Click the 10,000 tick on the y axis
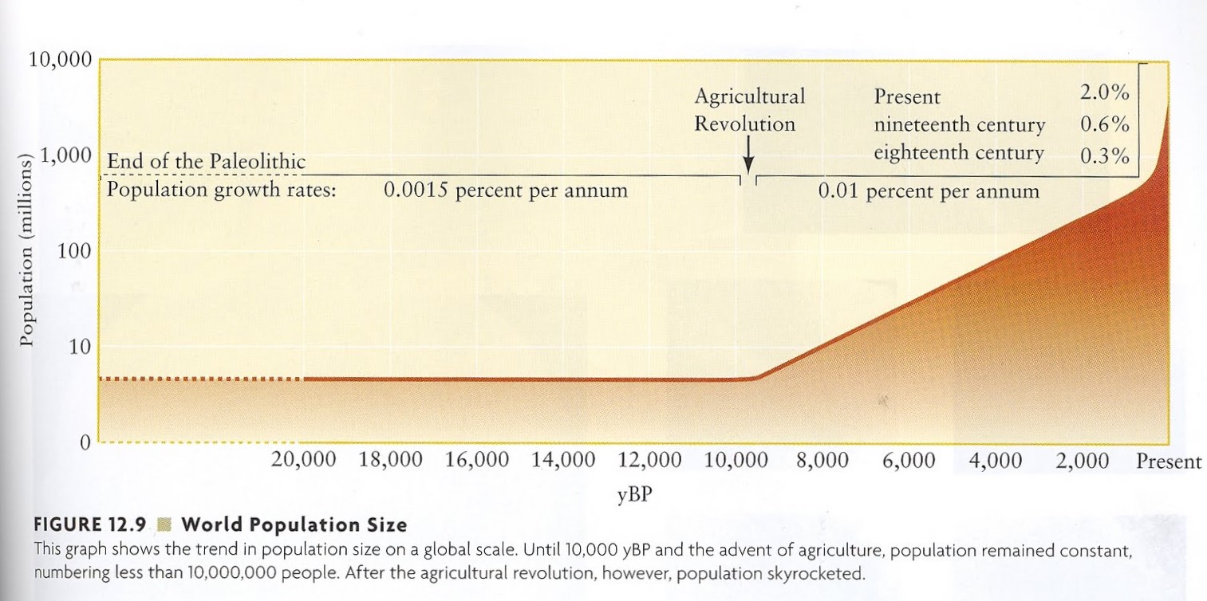click(x=61, y=61)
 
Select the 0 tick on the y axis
click(x=83, y=443)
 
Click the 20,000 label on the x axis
click(x=304, y=461)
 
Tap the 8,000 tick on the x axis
click(x=822, y=461)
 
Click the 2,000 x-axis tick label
click(x=1083, y=461)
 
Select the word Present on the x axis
click(x=1169, y=461)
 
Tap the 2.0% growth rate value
click(x=1105, y=92)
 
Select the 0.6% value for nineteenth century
click(x=1105, y=124)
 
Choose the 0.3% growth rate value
click(x=1105, y=155)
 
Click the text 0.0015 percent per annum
click(x=505, y=191)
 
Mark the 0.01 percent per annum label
click(x=929, y=191)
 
